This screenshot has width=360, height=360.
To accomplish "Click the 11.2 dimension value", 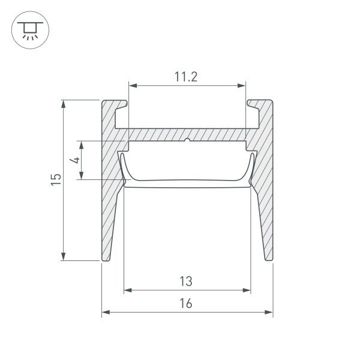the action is click(186, 77).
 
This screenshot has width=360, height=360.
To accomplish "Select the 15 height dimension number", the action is click(56, 180).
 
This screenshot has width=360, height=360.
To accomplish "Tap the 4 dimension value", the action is click(75, 160).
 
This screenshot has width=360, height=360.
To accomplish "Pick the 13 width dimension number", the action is click(186, 281).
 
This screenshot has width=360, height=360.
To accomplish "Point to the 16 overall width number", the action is click(186, 303).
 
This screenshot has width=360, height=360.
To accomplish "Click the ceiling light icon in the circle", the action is click(30, 31).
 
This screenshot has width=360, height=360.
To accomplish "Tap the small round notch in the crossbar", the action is click(188, 140).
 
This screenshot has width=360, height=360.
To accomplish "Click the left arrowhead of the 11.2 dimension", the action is click(133, 86).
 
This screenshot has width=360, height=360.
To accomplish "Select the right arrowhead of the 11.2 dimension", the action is click(242, 86).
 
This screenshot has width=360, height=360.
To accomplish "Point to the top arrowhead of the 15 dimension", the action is click(64, 104).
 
